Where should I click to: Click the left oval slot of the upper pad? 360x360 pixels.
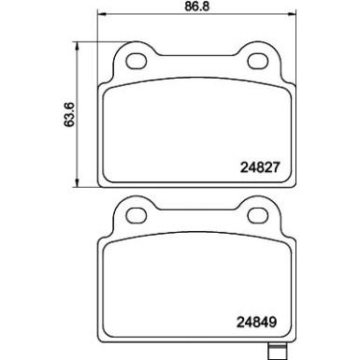[137, 62]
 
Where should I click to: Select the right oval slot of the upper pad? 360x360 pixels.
[261, 62]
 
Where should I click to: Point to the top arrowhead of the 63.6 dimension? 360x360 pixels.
[74, 44]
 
